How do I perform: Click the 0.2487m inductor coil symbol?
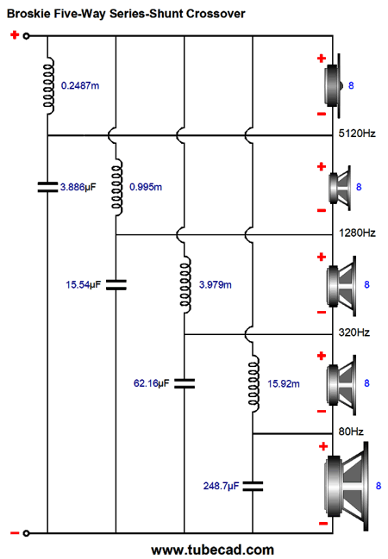(x=49, y=86)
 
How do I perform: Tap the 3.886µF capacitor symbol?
(x=47, y=187)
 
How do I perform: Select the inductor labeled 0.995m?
(x=117, y=187)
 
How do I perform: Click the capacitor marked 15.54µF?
(x=116, y=284)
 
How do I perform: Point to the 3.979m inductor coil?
(x=185, y=285)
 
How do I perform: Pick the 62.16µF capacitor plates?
(x=185, y=383)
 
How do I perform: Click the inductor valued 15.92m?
(x=253, y=384)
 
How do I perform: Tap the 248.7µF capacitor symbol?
(x=253, y=486)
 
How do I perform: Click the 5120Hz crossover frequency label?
(x=357, y=134)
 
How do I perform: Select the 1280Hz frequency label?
(x=357, y=233)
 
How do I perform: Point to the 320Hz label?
(x=354, y=332)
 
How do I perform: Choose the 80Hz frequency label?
(x=351, y=432)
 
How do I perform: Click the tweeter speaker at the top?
(x=334, y=86)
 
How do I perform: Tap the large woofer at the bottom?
(x=347, y=487)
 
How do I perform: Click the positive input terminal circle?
(x=26, y=36)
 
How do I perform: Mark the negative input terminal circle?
(x=26, y=533)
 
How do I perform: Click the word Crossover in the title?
(x=216, y=14)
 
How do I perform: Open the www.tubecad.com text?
(x=212, y=550)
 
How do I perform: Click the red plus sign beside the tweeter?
(x=322, y=58)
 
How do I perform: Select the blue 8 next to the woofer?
(x=379, y=486)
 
